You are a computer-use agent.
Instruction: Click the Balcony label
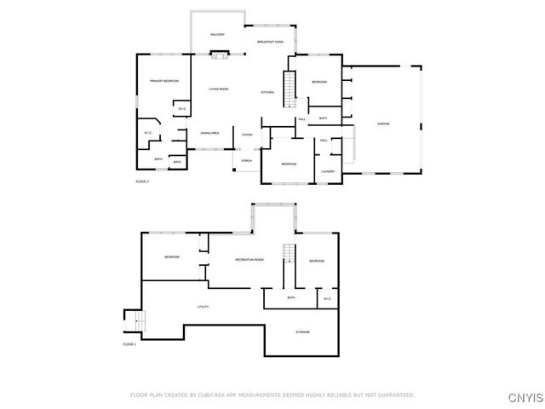218,35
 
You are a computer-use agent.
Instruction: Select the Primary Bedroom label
164,81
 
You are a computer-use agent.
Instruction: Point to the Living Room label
219,89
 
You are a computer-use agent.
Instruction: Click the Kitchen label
267,92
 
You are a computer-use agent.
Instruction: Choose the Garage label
384,124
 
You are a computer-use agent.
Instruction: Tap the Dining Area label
210,133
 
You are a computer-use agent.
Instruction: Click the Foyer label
248,135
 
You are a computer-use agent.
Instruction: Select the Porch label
247,160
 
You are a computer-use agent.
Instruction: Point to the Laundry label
328,172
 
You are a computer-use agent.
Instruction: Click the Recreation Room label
250,259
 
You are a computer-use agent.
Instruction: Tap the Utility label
204,307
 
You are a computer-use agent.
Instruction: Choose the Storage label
303,331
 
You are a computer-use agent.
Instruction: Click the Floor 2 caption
142,182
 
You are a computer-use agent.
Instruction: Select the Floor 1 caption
129,343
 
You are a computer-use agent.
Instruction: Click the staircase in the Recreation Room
288,253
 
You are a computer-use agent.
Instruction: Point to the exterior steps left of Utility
130,322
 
